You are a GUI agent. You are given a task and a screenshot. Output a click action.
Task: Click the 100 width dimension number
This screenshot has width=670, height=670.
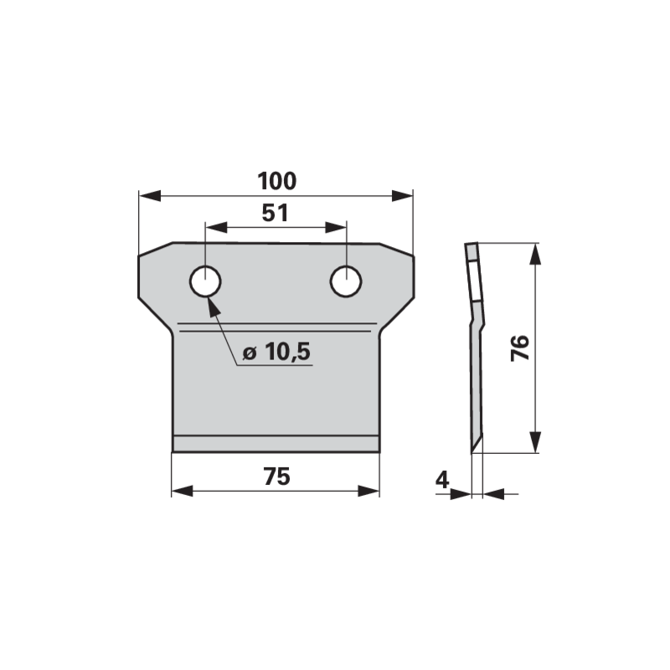tap(277, 181)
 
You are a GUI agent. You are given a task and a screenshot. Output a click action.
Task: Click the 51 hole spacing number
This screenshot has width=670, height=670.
tap(276, 213)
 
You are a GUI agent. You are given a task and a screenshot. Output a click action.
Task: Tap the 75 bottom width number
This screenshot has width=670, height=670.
tap(277, 477)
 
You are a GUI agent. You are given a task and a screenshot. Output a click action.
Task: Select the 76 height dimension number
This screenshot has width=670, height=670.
tap(520, 348)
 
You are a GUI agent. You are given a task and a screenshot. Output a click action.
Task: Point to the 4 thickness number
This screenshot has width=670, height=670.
tap(442, 480)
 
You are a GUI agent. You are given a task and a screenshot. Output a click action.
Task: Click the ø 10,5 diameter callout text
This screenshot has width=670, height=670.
tap(276, 352)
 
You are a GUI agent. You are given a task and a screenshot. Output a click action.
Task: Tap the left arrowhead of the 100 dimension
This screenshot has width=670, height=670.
tap(150, 196)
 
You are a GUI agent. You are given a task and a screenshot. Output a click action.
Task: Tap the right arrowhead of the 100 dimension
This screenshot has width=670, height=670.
tap(403, 196)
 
